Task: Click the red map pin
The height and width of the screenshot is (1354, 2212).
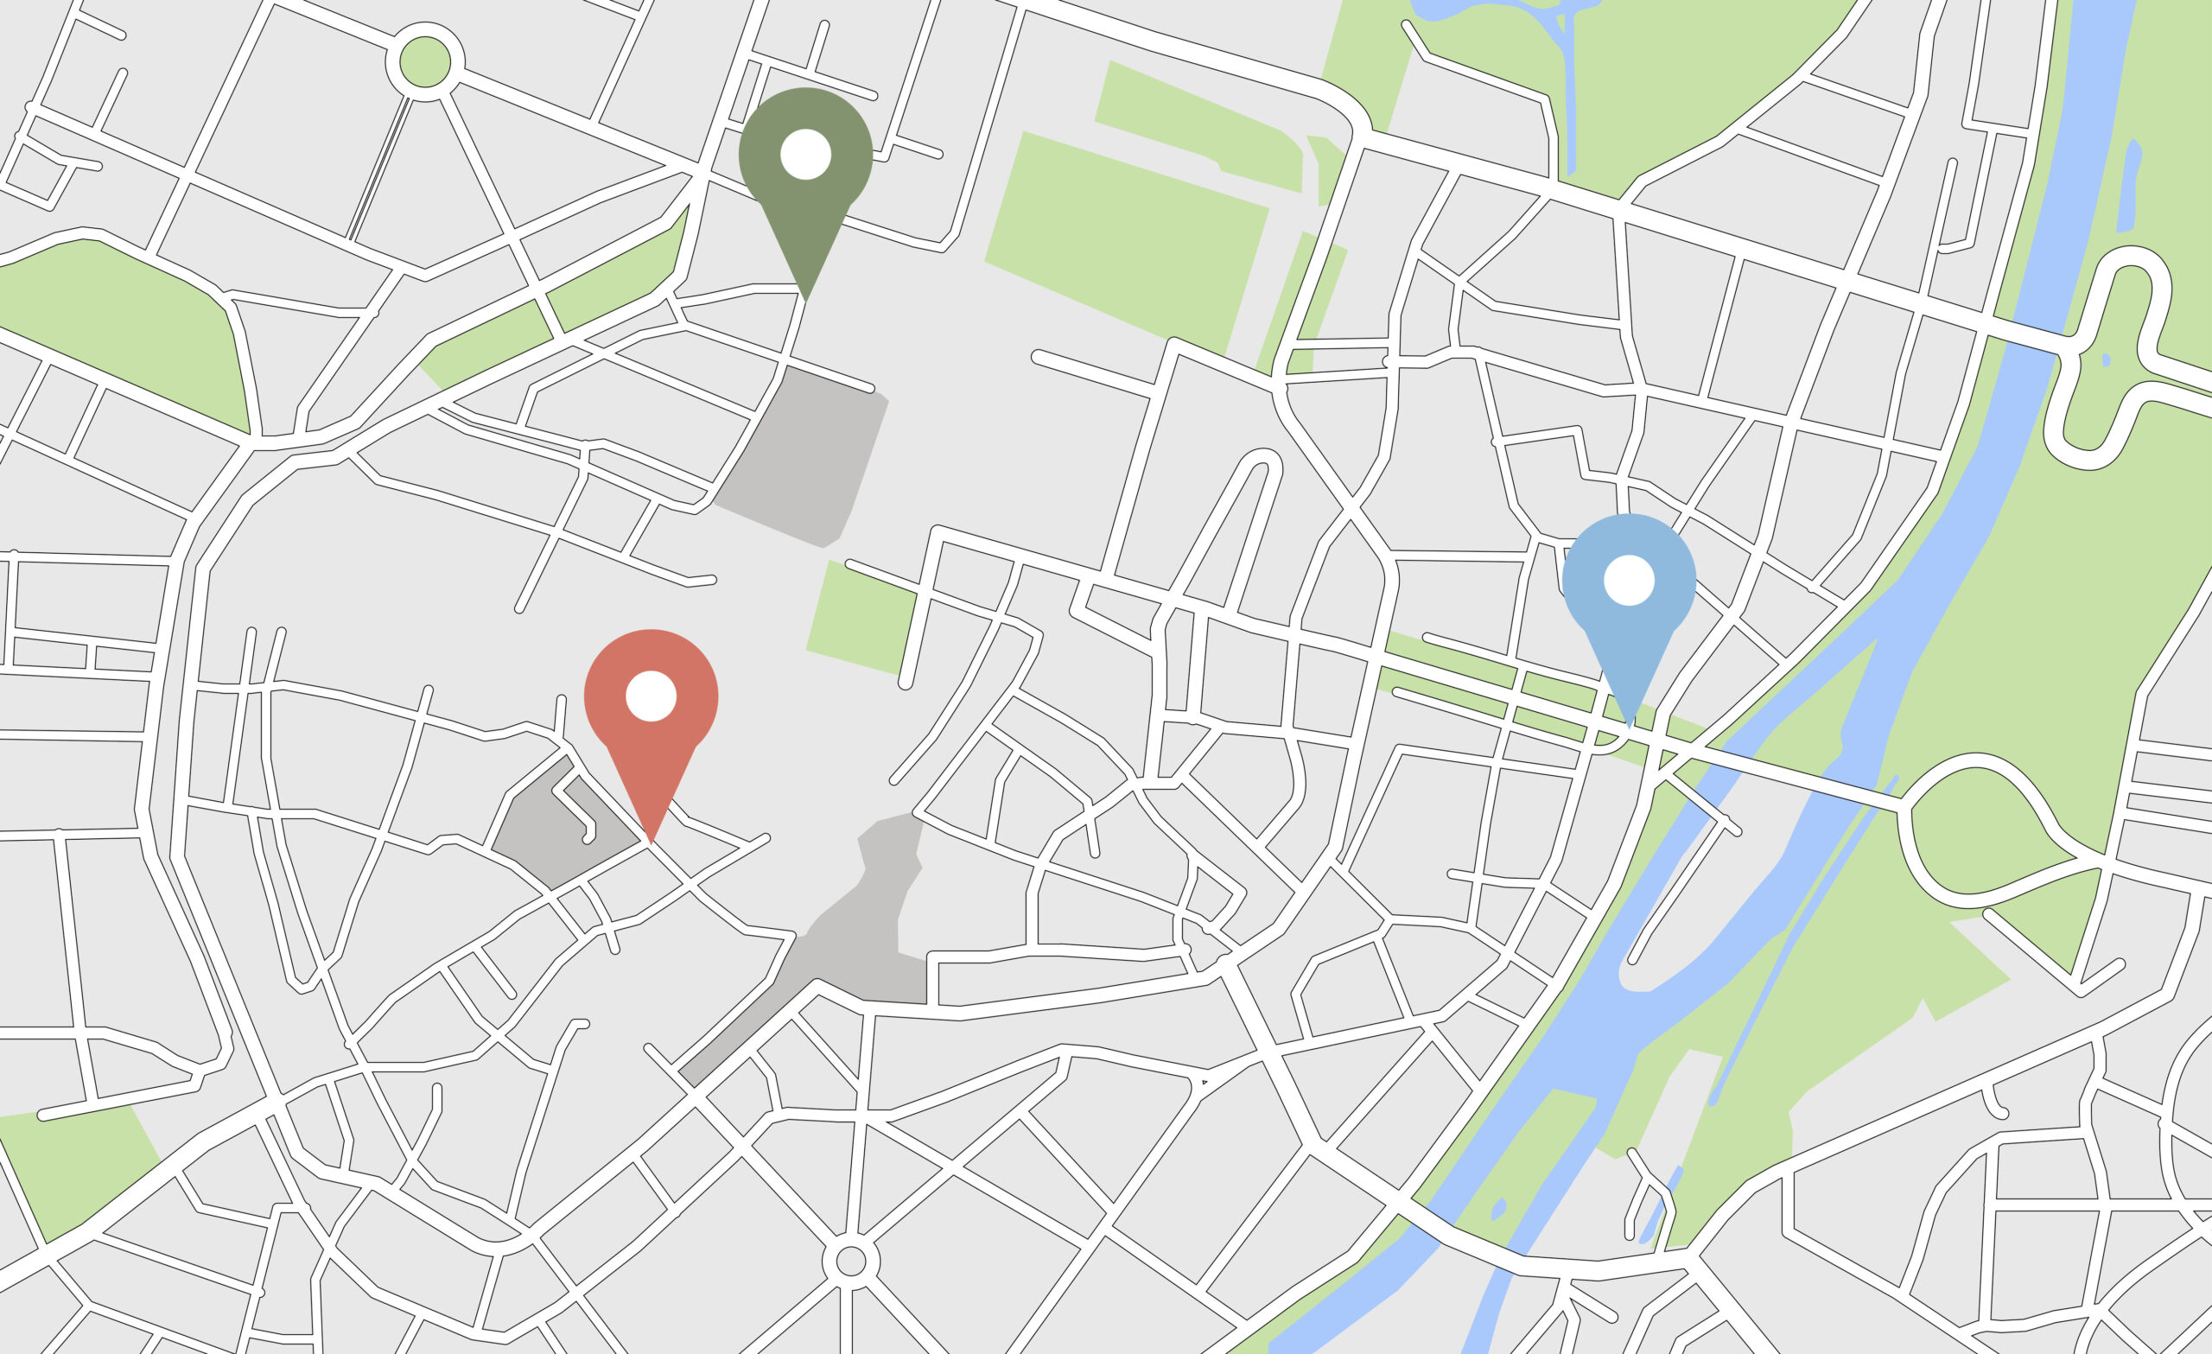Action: pyautogui.click(x=651, y=709)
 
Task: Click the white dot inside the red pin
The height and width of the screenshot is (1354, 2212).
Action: pyautogui.click(x=651, y=695)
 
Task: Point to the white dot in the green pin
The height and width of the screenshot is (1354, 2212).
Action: pyautogui.click(x=805, y=155)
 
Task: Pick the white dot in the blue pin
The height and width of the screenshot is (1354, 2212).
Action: pyautogui.click(x=1629, y=580)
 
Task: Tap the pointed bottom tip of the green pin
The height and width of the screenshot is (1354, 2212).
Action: pyautogui.click(x=805, y=300)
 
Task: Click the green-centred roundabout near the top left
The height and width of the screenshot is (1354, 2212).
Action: pyautogui.click(x=424, y=63)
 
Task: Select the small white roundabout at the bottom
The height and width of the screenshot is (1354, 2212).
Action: pyautogui.click(x=850, y=1262)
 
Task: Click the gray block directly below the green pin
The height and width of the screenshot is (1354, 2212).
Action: pyautogui.click(x=804, y=458)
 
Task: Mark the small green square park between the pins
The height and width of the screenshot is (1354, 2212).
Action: pyautogui.click(x=859, y=618)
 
